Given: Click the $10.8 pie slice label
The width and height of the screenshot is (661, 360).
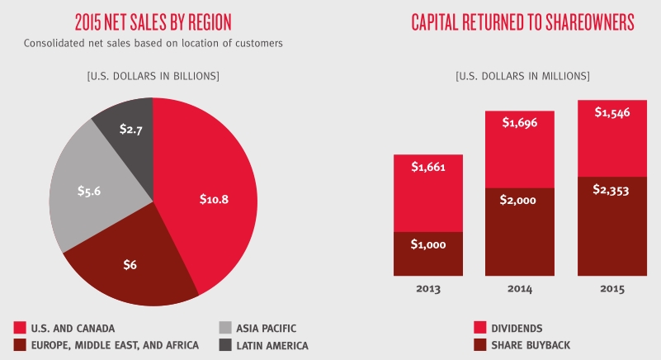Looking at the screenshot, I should point(213,199).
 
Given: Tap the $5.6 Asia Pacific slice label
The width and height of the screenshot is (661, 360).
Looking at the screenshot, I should point(88,191).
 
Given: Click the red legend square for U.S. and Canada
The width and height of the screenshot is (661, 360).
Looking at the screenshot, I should point(20,328).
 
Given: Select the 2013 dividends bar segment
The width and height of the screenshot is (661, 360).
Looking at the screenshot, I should point(428,193).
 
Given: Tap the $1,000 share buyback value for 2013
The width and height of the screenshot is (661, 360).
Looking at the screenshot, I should point(428,244).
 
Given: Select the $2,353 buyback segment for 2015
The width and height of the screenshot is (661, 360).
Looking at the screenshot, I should point(611,189).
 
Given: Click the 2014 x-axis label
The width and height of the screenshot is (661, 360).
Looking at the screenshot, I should point(520,289).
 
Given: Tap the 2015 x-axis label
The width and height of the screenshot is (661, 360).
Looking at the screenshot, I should point(611,289).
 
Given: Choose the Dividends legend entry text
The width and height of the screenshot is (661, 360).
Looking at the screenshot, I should point(528,328).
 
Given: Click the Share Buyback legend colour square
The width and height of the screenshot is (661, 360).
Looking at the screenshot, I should point(480,345).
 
